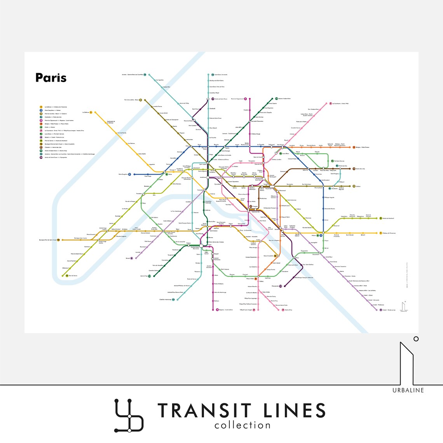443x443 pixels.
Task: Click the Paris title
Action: [x=51, y=77]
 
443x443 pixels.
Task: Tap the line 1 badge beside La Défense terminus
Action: [x=91, y=112]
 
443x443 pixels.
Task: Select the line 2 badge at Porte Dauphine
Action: [x=129, y=174]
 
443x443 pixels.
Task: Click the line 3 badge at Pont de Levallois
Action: [x=141, y=100]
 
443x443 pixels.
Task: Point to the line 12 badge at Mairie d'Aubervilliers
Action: [x=277, y=98]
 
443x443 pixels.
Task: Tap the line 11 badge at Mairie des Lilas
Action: [x=354, y=169]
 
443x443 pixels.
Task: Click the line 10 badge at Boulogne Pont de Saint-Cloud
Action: [x=58, y=240]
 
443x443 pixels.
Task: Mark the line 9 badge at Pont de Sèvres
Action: [x=67, y=276]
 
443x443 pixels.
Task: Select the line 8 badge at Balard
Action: [x=131, y=258]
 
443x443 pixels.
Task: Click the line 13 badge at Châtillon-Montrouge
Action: [x=173, y=299]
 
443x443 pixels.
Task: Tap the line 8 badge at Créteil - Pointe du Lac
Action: [x=381, y=310]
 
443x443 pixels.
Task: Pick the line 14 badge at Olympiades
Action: [x=281, y=286]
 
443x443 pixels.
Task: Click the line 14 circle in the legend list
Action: [x=41, y=158]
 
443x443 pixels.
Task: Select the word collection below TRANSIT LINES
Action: [x=242, y=425]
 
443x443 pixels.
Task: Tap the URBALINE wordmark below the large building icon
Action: [x=408, y=390]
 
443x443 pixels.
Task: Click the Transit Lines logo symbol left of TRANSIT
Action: [x=129, y=415]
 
